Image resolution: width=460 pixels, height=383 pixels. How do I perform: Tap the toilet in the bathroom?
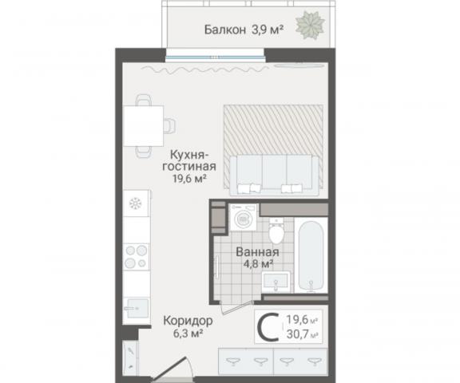coord(276,233)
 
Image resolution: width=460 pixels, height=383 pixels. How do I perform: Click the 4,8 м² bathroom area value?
coord(256,263)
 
